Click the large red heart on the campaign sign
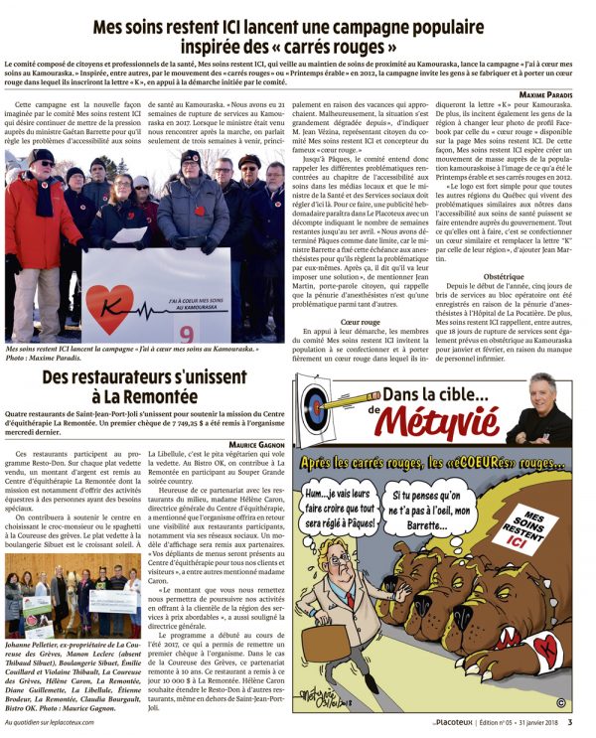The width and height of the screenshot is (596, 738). (x=109, y=309)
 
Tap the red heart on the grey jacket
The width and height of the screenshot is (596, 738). (x=190, y=209)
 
